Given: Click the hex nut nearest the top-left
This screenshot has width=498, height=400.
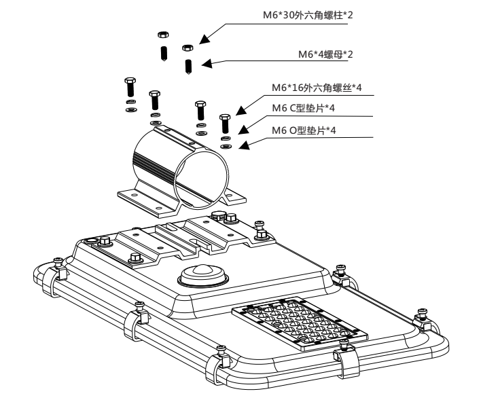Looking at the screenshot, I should [x=162, y=34].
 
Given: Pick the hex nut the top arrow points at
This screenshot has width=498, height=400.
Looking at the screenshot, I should [x=187, y=48].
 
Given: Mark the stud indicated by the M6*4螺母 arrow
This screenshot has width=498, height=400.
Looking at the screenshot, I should [x=188, y=67].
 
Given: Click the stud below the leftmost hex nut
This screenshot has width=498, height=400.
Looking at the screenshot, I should [x=163, y=53].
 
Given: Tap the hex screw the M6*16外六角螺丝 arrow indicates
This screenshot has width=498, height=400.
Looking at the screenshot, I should [x=225, y=126].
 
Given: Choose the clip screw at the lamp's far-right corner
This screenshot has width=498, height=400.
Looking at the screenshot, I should [x=421, y=314].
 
